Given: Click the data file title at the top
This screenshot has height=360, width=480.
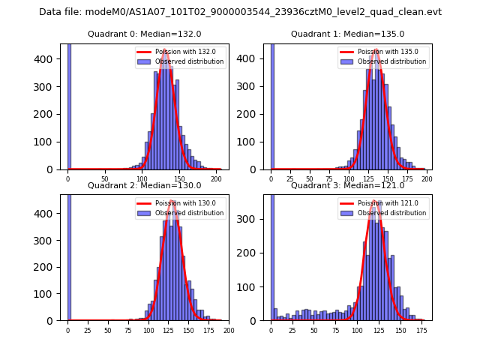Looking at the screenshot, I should (240, 12).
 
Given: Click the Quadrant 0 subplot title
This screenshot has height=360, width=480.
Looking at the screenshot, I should (145, 34).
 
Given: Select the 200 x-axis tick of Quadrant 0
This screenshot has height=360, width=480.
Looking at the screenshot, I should (217, 179).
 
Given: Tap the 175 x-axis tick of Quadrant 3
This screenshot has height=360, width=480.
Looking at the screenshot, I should (422, 330).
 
